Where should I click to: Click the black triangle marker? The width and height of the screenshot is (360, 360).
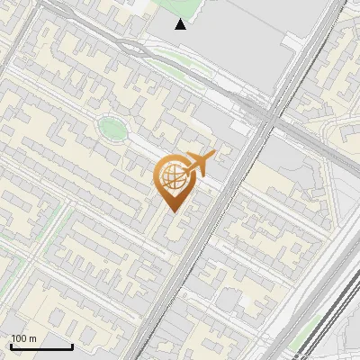pos(181,24)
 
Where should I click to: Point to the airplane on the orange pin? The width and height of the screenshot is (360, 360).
pos(199,163)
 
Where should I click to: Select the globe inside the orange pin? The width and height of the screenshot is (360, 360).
pos(174,178)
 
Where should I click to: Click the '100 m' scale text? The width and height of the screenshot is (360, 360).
pos(24,338)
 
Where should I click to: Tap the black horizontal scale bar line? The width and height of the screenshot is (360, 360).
pos(41,346)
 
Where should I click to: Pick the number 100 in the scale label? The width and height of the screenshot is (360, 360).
pos(20,338)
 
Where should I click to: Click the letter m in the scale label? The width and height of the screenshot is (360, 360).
pos(33,339)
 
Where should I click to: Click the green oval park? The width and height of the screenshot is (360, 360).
pos(112,129)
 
